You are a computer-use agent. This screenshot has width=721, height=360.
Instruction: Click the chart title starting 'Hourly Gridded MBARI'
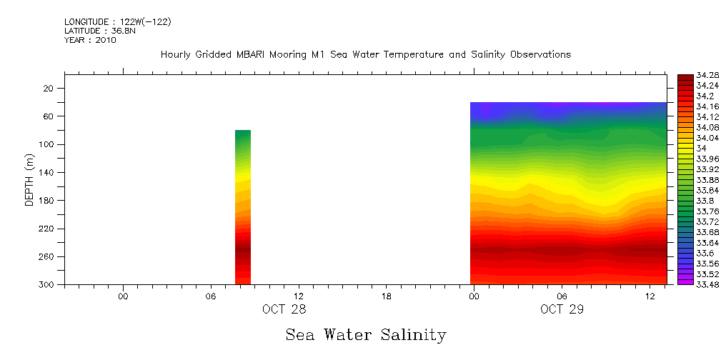coord(365,54)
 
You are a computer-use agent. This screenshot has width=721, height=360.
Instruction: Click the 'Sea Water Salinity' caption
coord(366,334)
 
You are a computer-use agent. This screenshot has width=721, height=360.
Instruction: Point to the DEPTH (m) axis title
coord(29,179)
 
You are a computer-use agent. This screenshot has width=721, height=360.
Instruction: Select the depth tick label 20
coord(49,89)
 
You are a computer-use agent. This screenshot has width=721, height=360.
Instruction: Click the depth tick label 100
coord(47,144)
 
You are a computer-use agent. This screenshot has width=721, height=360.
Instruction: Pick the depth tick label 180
coord(47,201)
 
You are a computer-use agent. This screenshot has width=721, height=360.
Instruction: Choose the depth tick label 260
coord(47,256)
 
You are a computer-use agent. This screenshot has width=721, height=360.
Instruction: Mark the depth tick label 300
coord(47,284)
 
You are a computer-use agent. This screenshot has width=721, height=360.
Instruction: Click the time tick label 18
coord(387,296)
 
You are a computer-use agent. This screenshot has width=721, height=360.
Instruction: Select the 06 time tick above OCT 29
coord(562,296)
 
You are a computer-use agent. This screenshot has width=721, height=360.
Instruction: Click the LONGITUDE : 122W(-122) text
coord(117,21)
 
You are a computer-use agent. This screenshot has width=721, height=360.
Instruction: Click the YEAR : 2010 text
coord(90,40)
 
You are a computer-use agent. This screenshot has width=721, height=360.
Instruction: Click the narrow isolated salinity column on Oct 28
coord(243,207)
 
